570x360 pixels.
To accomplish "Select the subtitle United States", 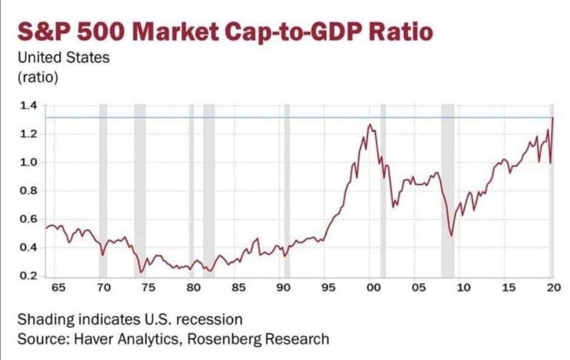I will point(64,57).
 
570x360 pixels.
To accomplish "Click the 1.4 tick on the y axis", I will point(29,106).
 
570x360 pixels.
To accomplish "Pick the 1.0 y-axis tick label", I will point(29,163).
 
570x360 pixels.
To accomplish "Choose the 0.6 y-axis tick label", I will point(29,220).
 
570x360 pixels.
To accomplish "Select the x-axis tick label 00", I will point(373,288).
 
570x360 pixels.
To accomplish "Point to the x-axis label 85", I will point(239,288).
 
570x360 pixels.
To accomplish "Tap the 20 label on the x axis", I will point(553,288).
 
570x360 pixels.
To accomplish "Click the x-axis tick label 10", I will point(463,288).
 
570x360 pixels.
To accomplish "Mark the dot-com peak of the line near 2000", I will point(370,125).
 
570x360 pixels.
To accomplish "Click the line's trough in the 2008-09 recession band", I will point(451,235).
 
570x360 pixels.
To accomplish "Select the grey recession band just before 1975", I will point(140,190).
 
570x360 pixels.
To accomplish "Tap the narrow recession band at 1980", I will point(192,190).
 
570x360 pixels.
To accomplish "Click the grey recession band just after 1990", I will point(287,190).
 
